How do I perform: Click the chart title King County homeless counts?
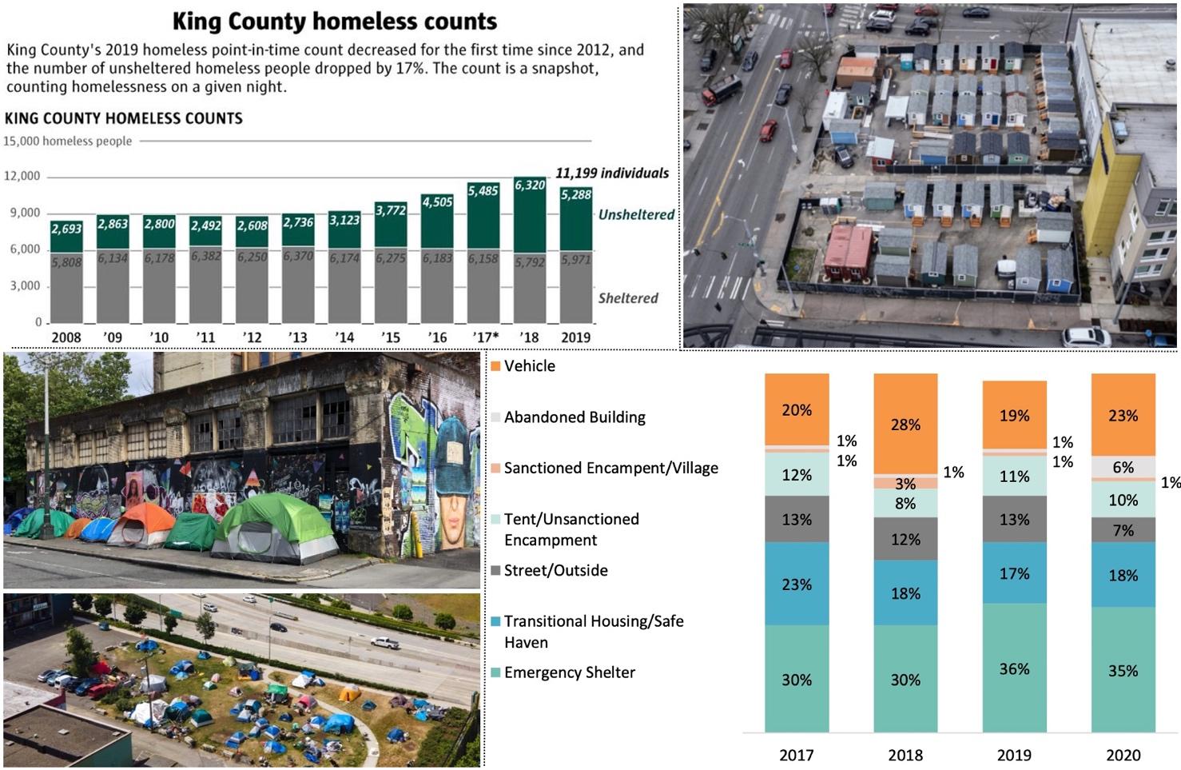(334, 21)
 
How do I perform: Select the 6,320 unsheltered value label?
(529, 185)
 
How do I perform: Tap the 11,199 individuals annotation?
(611, 173)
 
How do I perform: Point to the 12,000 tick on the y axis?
(22, 176)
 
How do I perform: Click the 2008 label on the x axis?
(66, 337)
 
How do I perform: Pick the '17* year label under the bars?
(485, 337)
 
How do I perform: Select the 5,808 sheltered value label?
(66, 261)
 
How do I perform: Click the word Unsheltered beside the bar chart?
(636, 214)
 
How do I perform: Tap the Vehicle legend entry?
(529, 365)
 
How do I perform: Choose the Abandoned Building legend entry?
(574, 417)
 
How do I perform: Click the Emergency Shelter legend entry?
(569, 672)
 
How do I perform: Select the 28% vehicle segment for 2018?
(905, 425)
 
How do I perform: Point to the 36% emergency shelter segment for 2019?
(1014, 668)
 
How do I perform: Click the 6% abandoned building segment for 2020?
(1123, 467)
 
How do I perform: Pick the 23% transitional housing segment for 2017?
(797, 584)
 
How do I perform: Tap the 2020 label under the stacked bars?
(1123, 755)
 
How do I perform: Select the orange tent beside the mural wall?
(144, 523)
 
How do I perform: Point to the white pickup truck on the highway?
(384, 642)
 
